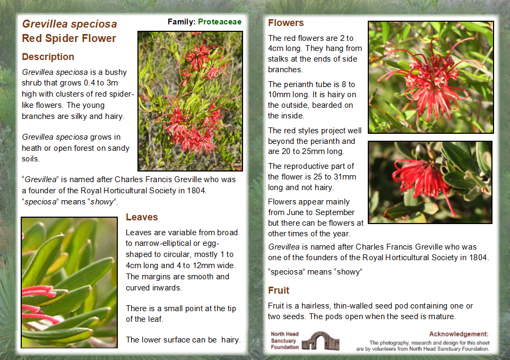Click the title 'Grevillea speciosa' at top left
pos(70,24)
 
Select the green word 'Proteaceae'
pos(220,22)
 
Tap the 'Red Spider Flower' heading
pos(69,38)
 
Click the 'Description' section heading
pos(48,57)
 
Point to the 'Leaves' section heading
pos(142,217)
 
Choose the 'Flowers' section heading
pos(286,23)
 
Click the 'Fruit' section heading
pos(279,290)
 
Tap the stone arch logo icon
pos(321,341)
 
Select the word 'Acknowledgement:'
pos(459,334)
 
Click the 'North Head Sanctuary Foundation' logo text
pos(284,340)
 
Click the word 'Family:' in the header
pos(181,22)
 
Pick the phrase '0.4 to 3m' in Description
pos(101,83)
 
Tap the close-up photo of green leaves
pos(70,282)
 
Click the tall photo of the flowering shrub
pos(191,101)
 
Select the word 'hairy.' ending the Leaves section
pos(231,340)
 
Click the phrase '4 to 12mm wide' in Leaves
pos(205,265)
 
